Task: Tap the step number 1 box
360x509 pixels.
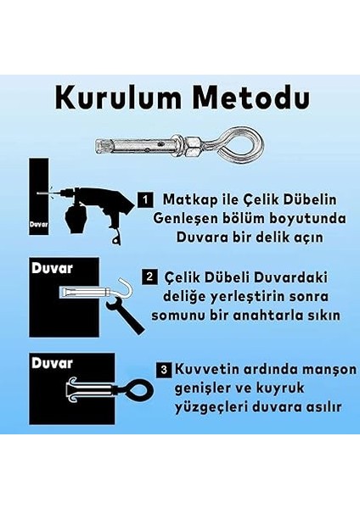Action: [x=145, y=200]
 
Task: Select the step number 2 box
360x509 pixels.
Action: [x=149, y=277]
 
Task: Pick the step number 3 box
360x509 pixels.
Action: [x=162, y=370]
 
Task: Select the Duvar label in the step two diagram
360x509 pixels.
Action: [x=48, y=268]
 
